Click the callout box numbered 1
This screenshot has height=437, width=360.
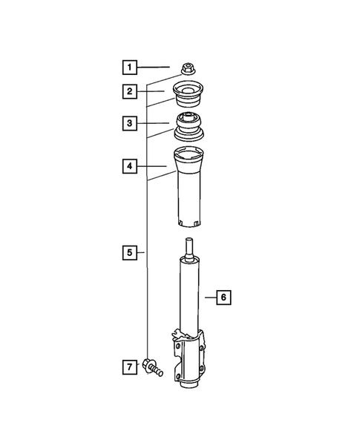click(130, 69)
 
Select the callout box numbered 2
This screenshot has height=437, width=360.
click(130, 92)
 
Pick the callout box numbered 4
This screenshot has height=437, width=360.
click(130, 167)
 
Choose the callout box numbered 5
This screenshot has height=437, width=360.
click(130, 253)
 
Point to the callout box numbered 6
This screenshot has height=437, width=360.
click(224, 298)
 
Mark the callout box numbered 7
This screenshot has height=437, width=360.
click(130, 366)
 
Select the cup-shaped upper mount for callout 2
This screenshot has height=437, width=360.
click(189, 96)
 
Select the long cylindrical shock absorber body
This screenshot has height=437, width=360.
click(189, 297)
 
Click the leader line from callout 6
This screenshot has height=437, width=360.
click(209, 298)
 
